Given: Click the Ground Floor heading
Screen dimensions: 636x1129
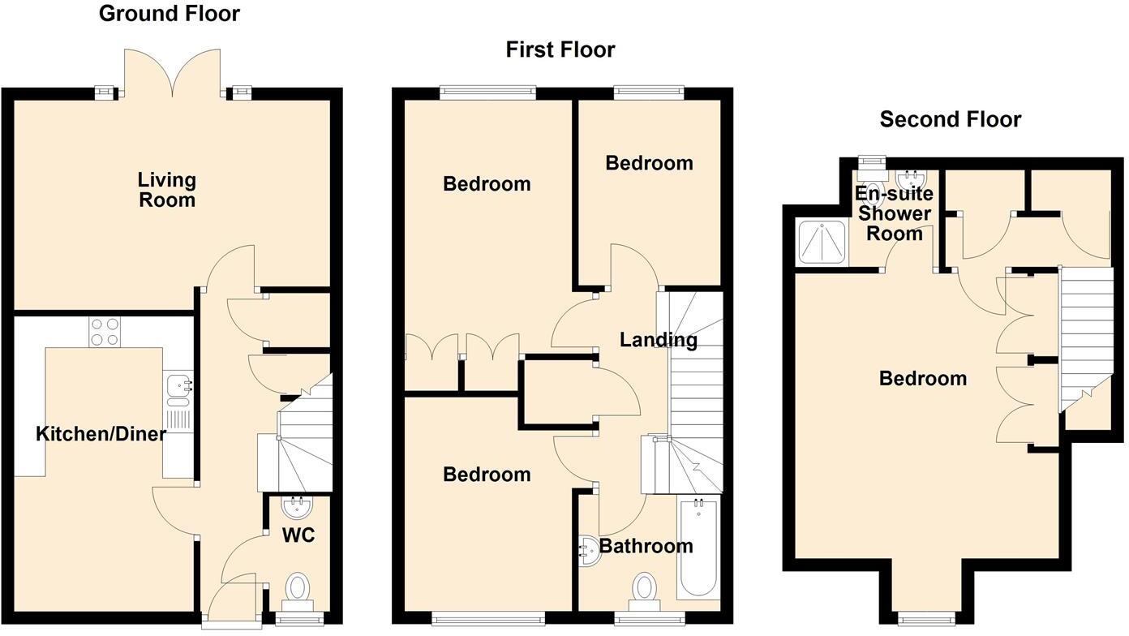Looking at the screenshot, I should coord(169,13).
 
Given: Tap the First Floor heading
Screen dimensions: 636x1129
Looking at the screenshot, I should coord(560,49).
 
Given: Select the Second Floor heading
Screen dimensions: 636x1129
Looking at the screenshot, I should coord(950,119).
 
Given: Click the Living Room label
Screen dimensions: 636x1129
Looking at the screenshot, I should coord(166,189).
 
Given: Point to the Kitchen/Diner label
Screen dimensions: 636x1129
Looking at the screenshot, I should coord(101,434).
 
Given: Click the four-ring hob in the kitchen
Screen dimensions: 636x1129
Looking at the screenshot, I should coord(105,330).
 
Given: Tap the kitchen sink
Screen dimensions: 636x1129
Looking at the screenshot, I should coord(177,389).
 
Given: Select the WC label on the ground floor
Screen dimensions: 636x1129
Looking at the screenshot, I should coord(298,535).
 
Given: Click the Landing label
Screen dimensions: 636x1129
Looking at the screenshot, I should coord(658,339).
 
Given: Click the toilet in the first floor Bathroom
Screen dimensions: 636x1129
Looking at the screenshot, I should coord(645,587).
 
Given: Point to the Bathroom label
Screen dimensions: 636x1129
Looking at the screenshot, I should coord(646,546).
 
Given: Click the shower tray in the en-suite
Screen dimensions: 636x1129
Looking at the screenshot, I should coord(822,241).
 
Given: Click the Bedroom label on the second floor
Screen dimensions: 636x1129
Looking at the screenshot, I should coord(922,378).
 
